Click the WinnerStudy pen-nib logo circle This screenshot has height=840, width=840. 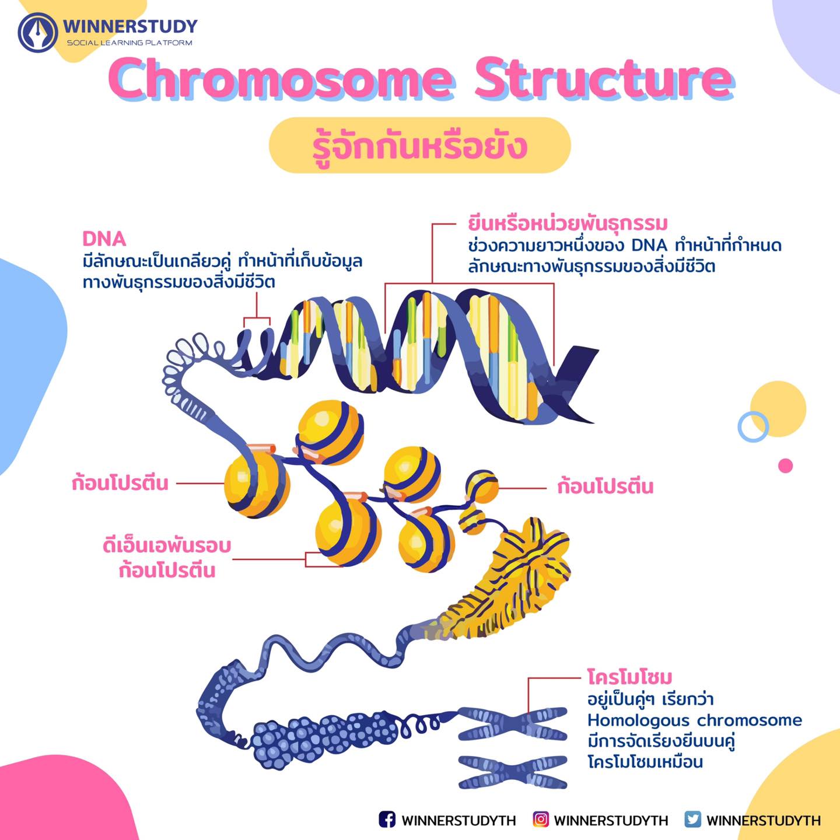(x=38, y=33)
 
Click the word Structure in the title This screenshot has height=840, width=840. (x=604, y=79)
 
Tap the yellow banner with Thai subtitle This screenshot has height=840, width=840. (x=420, y=145)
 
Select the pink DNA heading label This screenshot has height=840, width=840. (x=104, y=239)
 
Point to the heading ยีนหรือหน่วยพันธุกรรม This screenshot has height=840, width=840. (x=568, y=223)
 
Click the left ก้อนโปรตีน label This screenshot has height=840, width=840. (x=120, y=484)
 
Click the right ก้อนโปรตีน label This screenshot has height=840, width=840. (x=605, y=487)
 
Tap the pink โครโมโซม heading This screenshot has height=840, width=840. (x=629, y=677)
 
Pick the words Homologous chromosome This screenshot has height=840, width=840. (x=695, y=720)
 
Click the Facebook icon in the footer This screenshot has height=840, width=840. (x=387, y=819)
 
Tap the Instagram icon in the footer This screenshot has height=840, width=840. (x=541, y=819)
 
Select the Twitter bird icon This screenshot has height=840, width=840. (x=692, y=819)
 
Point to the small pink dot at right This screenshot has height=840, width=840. (x=786, y=466)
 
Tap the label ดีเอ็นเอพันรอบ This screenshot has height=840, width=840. (x=167, y=545)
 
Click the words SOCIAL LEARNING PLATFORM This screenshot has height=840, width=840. (x=129, y=43)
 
